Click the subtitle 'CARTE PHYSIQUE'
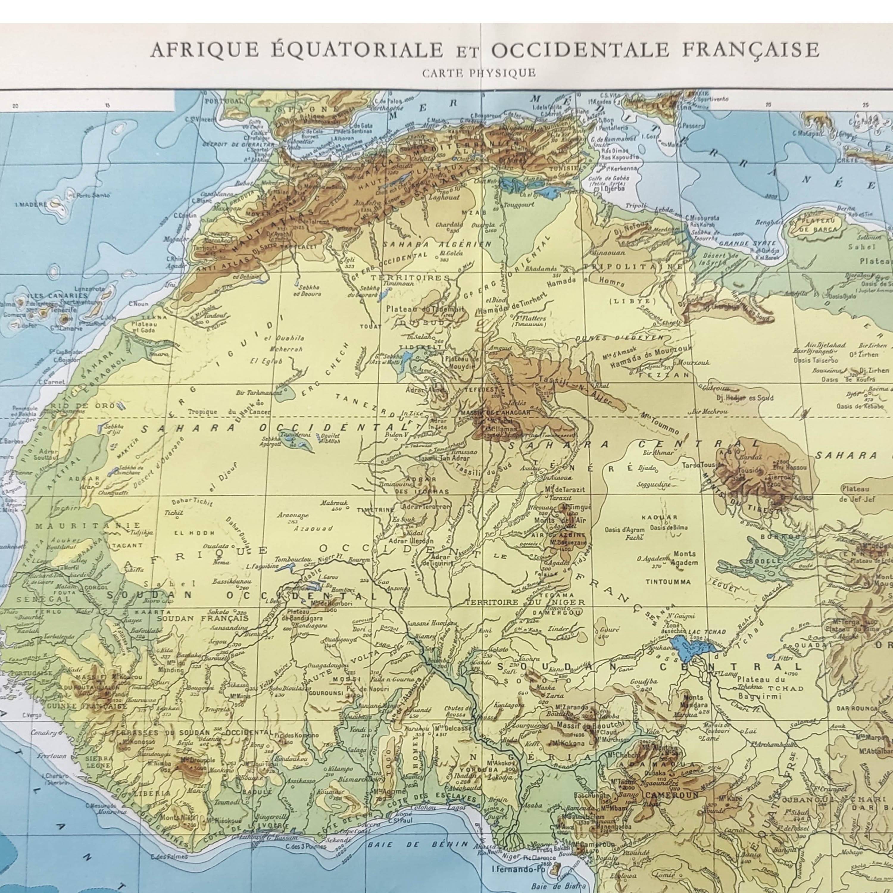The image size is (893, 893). (x=479, y=73)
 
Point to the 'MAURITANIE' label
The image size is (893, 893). (x=88, y=526)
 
